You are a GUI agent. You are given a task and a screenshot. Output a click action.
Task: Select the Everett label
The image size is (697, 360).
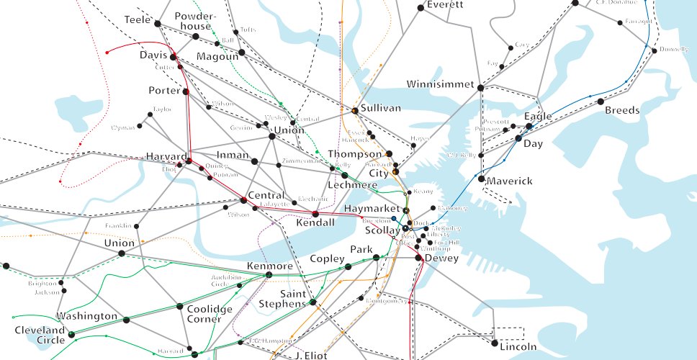(444, 5)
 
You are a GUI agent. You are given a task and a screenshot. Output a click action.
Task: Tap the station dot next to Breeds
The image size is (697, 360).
(600, 102)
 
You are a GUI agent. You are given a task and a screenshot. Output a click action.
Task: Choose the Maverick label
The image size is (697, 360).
(510, 181)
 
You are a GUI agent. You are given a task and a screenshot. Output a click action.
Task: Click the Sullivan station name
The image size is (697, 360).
(380, 108)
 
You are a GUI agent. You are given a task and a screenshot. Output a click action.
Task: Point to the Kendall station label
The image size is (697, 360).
(315, 223)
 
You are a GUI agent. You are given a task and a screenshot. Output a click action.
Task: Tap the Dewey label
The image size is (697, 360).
(441, 258)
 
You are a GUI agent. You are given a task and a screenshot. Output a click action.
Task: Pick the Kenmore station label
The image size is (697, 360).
(269, 266)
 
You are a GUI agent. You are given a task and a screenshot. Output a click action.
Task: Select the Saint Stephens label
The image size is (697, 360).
(283, 299)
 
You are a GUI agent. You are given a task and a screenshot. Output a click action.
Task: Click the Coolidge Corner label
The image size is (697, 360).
(210, 314)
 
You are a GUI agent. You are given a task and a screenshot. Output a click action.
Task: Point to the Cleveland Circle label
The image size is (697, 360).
(40, 335)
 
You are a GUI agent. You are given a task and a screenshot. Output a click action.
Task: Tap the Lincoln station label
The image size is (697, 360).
(518, 347)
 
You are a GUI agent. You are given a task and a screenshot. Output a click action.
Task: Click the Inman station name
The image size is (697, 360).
(232, 156)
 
